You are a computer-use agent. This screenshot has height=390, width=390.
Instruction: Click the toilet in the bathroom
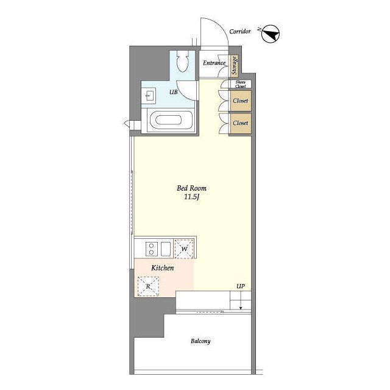(182, 62)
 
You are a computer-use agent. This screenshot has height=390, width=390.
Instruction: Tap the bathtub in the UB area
(170, 120)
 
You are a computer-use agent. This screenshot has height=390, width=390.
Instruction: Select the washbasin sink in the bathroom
(149, 96)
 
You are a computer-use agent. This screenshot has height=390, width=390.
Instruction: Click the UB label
(173, 92)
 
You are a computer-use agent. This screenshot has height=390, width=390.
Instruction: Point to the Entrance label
(214, 63)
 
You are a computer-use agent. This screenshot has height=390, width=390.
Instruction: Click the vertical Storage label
(234, 65)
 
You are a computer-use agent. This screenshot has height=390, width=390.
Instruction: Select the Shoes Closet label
(240, 84)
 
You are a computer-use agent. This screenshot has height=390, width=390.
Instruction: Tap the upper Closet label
(240, 101)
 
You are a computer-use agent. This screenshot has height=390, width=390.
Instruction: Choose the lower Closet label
(240, 123)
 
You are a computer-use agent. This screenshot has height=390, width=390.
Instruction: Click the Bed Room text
(191, 188)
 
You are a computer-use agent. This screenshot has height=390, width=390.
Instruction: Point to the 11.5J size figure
(192, 197)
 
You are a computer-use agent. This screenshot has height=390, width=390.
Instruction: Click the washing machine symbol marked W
(184, 249)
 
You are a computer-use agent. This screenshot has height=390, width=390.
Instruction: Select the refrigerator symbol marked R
(148, 286)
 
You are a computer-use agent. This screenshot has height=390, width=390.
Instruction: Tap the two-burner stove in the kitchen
(152, 249)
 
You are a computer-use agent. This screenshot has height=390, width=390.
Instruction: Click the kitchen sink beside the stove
(166, 249)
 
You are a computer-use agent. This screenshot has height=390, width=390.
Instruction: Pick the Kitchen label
(163, 268)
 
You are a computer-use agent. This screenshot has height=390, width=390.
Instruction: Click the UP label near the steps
(241, 286)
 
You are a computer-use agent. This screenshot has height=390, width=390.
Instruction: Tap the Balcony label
(200, 341)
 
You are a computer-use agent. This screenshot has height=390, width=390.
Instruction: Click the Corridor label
(239, 32)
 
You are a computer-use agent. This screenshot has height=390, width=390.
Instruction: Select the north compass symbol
(271, 34)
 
